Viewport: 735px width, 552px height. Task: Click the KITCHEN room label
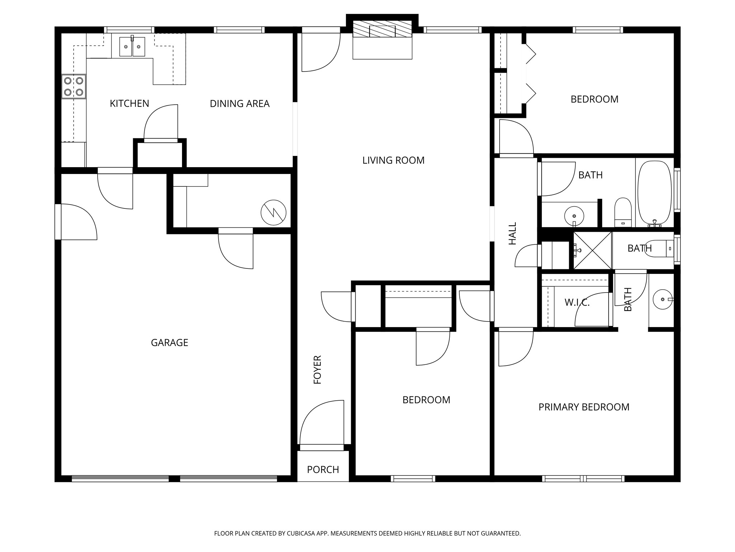point(129,103)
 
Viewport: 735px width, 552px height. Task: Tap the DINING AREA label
point(239,103)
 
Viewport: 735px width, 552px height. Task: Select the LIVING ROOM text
point(393,160)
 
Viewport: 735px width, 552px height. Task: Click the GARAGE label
point(169,342)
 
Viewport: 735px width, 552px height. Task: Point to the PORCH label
point(323,470)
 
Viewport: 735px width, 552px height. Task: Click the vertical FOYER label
point(318,369)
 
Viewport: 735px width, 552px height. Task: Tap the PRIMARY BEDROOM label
point(584,407)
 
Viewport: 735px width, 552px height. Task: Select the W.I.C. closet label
point(577,303)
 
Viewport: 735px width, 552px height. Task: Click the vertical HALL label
point(512,233)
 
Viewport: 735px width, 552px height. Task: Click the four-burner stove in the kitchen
point(74,86)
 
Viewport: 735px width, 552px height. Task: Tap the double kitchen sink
point(132,47)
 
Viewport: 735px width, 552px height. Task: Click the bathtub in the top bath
point(654,193)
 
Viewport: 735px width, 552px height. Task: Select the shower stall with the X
point(592,250)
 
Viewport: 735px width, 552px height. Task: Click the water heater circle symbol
point(273,212)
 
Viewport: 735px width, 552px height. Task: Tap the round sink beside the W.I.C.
point(662,299)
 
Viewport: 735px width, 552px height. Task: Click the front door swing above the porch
point(322,424)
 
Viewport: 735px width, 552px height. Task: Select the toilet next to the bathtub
point(623,212)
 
